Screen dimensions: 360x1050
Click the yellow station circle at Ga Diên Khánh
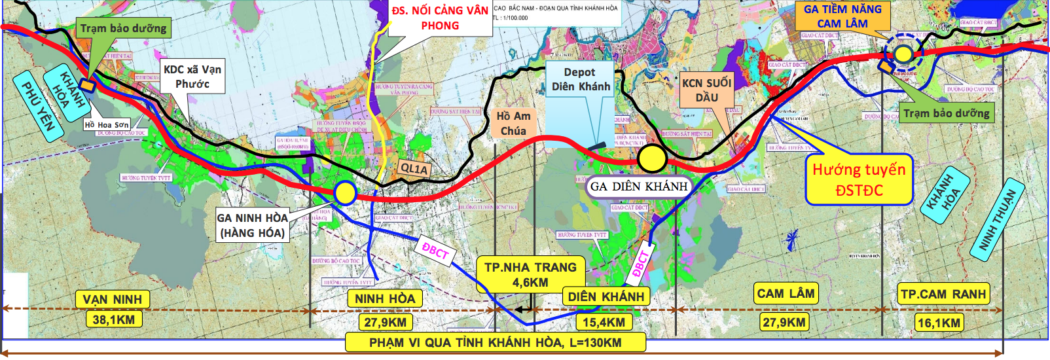tap(652, 158)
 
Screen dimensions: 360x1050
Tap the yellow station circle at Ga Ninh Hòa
tap(344, 193)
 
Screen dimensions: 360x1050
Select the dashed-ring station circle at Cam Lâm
tap(903, 54)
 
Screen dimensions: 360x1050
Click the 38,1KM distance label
tap(113, 320)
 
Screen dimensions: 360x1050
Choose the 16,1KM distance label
tap(939, 323)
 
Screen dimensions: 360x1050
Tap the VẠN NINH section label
tap(112, 300)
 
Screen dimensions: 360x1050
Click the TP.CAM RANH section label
tap(943, 295)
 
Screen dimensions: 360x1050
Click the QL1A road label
tap(414, 169)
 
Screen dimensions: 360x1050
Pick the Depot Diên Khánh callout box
tap(580, 79)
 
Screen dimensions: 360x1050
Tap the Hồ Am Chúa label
tap(513, 124)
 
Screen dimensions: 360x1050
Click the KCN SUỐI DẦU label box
tap(706, 90)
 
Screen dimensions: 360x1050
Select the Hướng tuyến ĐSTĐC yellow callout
tap(859, 180)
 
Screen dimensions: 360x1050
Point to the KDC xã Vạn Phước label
tap(192, 77)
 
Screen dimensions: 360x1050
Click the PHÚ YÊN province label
tap(38, 105)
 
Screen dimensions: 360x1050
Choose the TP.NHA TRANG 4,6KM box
tap(530, 275)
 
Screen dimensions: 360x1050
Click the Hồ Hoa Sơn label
tap(107, 124)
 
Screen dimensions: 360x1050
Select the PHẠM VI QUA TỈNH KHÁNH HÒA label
tap(495, 342)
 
